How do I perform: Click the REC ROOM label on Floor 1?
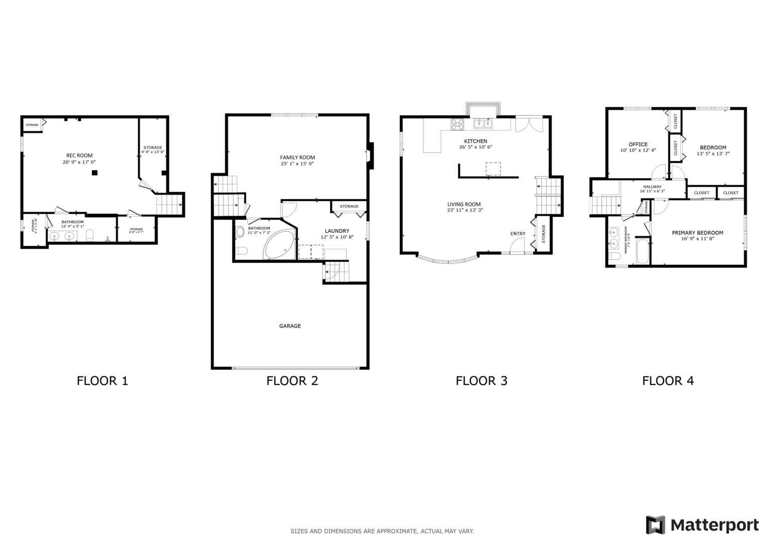pos(79,156)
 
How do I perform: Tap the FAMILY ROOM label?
pos(297,158)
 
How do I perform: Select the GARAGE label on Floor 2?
pos(290,326)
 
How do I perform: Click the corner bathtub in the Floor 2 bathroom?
pos(279,245)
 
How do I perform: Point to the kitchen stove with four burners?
pos(457,124)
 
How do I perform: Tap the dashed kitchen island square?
pos(493,169)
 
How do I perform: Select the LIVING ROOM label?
pos(464,204)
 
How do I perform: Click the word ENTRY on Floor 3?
pos(518,234)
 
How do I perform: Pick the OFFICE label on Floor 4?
pos(638,145)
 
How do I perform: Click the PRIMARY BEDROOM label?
pos(697,233)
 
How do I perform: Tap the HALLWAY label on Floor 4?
pos(652,187)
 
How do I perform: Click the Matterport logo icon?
pos(655,525)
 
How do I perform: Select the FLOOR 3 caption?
pos(481,381)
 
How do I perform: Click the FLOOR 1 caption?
pos(102,381)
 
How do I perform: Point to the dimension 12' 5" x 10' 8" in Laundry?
pos(337,237)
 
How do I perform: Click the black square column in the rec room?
pos(94,173)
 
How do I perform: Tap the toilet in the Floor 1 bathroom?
pos(90,235)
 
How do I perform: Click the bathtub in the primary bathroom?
pos(642,251)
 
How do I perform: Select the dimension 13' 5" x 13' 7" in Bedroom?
pos(713,154)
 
